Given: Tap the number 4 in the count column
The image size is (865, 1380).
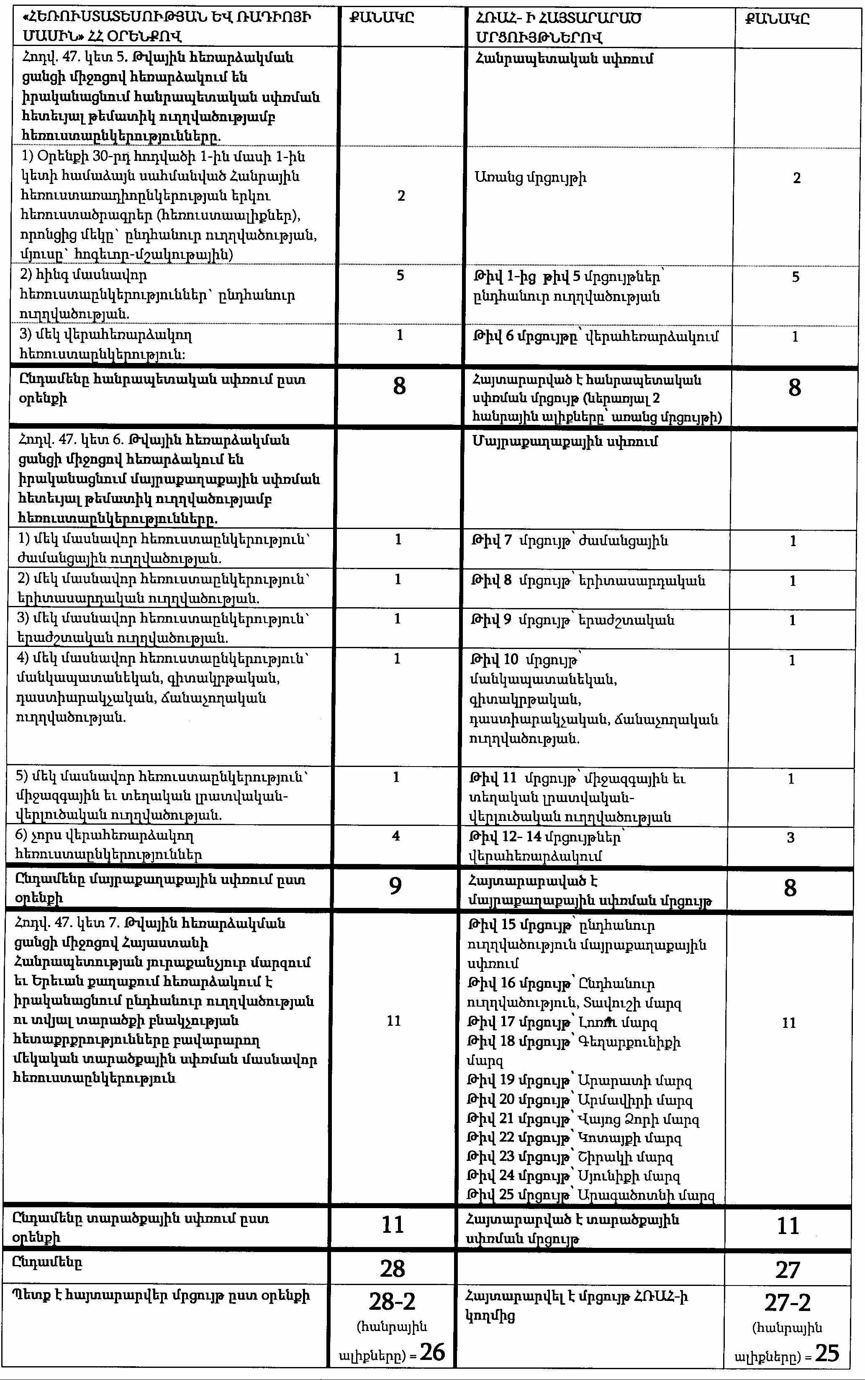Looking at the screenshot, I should click(x=396, y=836).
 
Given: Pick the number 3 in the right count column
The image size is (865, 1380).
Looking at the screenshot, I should click(x=791, y=838).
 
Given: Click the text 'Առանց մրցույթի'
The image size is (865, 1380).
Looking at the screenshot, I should click(x=530, y=178).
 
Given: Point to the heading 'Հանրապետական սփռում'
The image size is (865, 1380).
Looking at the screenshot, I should click(x=564, y=59).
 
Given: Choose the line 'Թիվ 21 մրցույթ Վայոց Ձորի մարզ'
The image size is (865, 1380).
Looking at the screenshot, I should click(x=583, y=1119).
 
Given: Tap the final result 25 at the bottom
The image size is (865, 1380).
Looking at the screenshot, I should click(x=827, y=1354).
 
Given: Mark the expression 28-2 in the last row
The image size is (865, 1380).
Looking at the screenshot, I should click(x=393, y=1303).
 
